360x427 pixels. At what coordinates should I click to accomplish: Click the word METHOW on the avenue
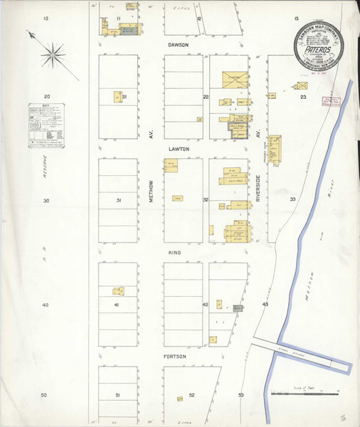pyautogui.click(x=152, y=193)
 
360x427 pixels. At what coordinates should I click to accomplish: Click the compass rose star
pyautogui.click(x=51, y=51)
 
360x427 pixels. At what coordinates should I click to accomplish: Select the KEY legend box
pyautogui.click(x=46, y=126)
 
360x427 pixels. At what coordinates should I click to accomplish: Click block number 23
pyautogui.click(x=303, y=96)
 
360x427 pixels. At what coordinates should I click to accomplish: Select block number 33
pyautogui.click(x=292, y=200)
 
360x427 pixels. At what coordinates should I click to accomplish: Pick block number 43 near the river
pyautogui.click(x=265, y=305)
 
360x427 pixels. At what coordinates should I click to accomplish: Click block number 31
pyautogui.click(x=118, y=201)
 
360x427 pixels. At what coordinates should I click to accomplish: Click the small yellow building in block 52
pyautogui.click(x=179, y=398)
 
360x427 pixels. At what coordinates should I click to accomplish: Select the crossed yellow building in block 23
pyautogui.click(x=294, y=88)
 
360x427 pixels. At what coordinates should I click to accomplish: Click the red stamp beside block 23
pyautogui.click(x=328, y=101)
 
